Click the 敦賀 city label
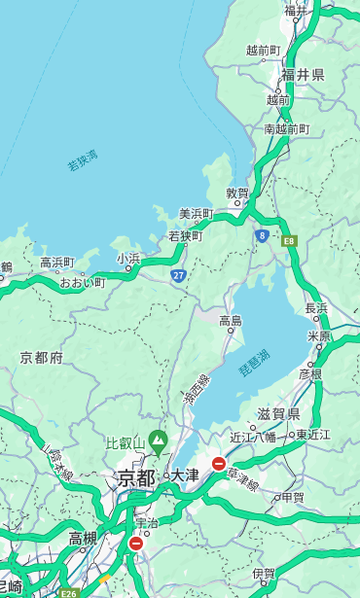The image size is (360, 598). [x=237, y=193]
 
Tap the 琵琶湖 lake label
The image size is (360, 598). [x=254, y=363]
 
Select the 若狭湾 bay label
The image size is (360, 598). [x=83, y=160]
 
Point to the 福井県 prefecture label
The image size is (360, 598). [x=303, y=75]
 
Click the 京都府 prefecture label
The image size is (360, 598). [x=42, y=358]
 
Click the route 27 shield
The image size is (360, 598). [x=178, y=276]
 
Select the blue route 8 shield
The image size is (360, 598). [x=262, y=235]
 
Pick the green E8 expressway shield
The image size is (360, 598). [x=289, y=239]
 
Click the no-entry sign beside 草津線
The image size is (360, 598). [x=219, y=464]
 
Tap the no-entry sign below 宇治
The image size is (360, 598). [x=135, y=544]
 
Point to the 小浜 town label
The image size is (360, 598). [x=128, y=259]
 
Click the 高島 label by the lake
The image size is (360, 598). [x=231, y=321]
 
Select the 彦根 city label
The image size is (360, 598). [x=309, y=373]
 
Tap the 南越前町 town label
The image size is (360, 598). [x=286, y=128]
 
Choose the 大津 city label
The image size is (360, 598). [x=184, y=475]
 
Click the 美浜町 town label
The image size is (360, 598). [x=196, y=214]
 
